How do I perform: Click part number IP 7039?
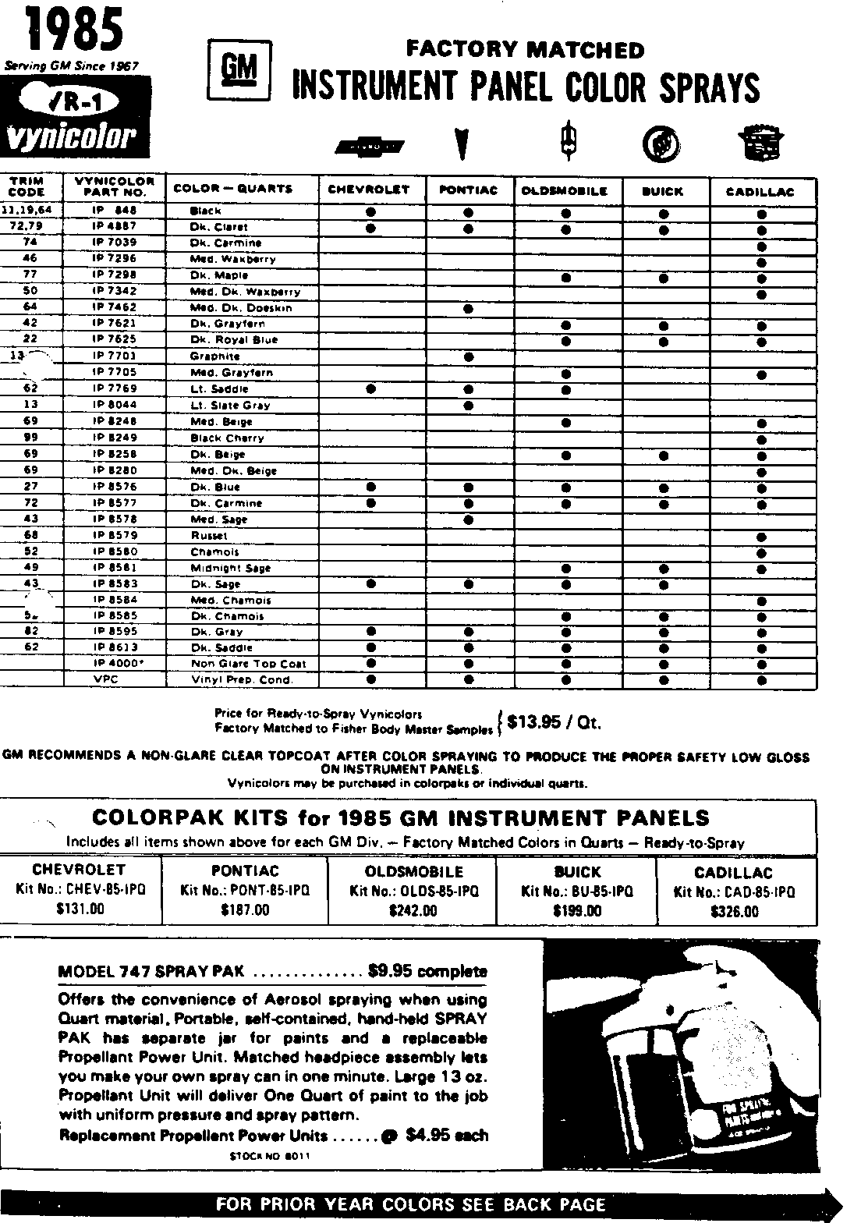click(x=115, y=243)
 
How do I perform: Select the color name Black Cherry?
click(x=228, y=438)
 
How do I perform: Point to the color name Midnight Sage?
click(x=231, y=568)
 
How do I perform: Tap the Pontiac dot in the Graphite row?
click(x=469, y=356)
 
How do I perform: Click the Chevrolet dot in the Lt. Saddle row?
click(x=371, y=388)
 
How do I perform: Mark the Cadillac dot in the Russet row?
click(x=761, y=536)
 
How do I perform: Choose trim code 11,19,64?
click(x=30, y=210)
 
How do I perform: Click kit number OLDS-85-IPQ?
click(x=414, y=891)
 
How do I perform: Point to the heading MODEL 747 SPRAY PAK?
click(x=151, y=972)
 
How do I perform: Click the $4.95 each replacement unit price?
click(x=447, y=1135)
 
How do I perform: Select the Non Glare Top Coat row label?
click(x=248, y=664)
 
